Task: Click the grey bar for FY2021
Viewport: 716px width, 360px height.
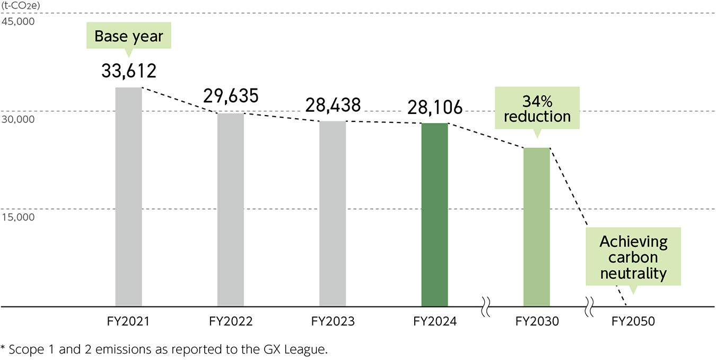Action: [128, 197]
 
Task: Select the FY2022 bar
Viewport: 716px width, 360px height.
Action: [231, 210]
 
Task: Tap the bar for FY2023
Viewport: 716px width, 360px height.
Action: [333, 214]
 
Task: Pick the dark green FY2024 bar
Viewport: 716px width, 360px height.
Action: [435, 215]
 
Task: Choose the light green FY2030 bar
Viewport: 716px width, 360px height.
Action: [537, 227]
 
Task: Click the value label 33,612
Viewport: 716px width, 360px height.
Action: [129, 71]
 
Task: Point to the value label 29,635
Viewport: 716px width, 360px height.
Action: [231, 96]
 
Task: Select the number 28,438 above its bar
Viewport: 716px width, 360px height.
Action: [333, 104]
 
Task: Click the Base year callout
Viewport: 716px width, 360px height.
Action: [129, 36]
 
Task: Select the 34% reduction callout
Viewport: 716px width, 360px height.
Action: [537, 109]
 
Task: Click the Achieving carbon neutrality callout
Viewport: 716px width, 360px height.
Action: [633, 258]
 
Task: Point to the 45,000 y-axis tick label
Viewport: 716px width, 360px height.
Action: [18, 22]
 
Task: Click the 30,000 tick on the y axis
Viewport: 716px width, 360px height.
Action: [18, 119]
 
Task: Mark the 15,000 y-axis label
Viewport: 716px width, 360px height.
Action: [18, 217]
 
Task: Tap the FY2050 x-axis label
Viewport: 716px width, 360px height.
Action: [633, 321]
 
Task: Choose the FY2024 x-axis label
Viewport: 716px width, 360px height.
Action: [435, 321]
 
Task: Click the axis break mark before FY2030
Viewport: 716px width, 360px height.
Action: [485, 306]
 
